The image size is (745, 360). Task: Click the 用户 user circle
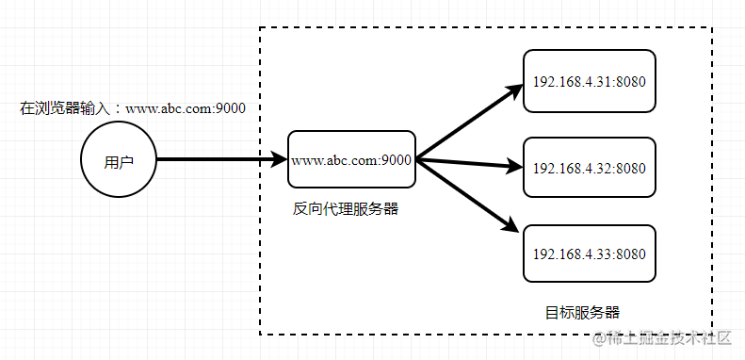coord(119,161)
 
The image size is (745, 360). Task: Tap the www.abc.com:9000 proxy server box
coord(351,161)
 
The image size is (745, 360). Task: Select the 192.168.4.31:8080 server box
coord(589,82)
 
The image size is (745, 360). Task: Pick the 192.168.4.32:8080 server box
coord(589,169)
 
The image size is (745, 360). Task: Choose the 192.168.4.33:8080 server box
coord(589,254)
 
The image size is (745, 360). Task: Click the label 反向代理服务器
coord(346,209)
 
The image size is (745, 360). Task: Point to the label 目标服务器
coord(582,312)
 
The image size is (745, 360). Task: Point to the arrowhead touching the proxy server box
coord(280,160)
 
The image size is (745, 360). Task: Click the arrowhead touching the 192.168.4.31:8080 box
coord(514,91)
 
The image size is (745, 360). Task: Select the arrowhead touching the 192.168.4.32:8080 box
coord(514,170)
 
